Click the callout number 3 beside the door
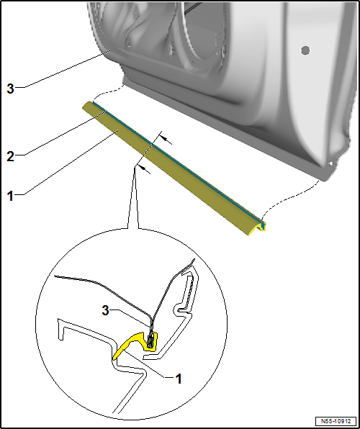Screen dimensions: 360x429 point(10,89)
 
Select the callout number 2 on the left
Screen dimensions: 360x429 point(10,156)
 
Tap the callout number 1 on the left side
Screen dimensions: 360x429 point(10,197)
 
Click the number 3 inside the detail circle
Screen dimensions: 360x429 point(106,311)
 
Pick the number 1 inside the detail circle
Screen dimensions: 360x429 point(179,379)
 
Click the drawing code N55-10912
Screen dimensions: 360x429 point(336,421)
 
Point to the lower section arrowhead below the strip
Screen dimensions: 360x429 point(144,170)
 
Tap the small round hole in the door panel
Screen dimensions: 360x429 point(305,50)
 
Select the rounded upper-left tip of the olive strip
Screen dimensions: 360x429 point(86,104)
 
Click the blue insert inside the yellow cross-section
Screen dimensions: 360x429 point(150,341)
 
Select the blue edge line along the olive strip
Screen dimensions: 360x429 point(178,163)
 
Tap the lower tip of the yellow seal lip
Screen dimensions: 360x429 point(114,357)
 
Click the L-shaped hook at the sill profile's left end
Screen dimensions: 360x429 point(60,328)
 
